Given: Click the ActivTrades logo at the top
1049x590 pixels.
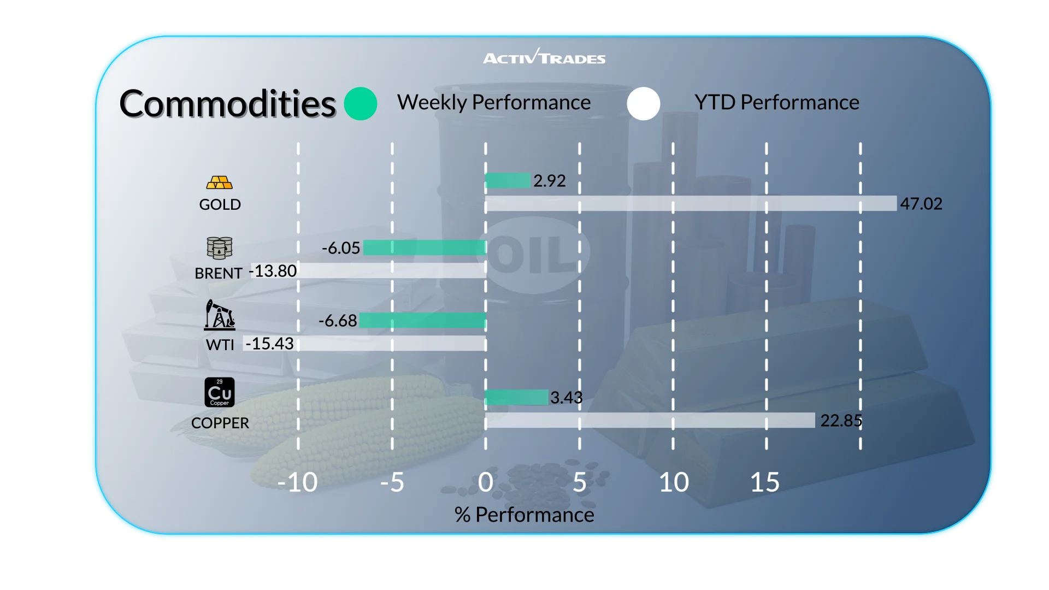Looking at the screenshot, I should pos(544,57).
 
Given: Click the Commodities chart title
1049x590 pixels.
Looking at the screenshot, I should pos(227,104).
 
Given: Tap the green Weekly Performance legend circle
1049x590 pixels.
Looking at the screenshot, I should pos(361,104).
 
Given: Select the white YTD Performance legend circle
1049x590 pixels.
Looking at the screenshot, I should pos(644,104).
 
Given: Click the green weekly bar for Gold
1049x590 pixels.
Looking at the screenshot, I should pos(508,180).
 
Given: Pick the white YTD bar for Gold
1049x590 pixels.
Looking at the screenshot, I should pos(691,203).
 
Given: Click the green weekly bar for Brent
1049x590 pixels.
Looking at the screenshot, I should pos(425,247).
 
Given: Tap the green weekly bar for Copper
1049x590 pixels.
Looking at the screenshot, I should pos(517,397).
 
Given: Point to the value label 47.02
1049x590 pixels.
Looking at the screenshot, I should pos(921,204).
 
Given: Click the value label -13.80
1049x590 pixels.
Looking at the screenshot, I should pos(273,271).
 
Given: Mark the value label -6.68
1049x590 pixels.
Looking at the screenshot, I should pos(338,321).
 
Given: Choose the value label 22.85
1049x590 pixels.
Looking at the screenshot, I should pos(841,421).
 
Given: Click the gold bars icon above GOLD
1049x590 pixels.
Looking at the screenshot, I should pos(220,182).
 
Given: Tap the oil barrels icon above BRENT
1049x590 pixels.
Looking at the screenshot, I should pos(220,248).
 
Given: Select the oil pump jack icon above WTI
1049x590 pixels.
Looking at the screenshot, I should pos(220,315).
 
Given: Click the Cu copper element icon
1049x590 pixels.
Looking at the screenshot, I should pos(220,392).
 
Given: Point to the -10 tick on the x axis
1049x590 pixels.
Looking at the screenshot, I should pos(297,482).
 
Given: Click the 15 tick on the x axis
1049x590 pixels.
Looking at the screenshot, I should pos(765,482).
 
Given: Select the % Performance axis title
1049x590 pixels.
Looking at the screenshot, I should pos(524,515).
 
